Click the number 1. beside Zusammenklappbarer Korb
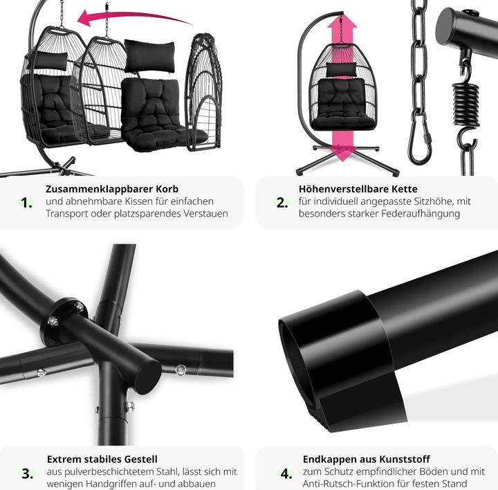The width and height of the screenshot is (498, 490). coord(27,203)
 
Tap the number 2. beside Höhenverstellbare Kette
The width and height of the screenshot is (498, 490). coord(282,203)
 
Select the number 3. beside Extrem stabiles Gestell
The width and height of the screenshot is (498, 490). coord(28,473)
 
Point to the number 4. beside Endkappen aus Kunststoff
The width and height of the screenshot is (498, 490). coord(286,473)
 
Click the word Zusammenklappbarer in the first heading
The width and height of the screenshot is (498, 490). coord(99,189)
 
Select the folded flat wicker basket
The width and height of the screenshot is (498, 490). coord(203,92)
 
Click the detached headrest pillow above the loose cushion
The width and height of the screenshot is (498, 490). coord(149,55)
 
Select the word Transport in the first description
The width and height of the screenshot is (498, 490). coord(66,214)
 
